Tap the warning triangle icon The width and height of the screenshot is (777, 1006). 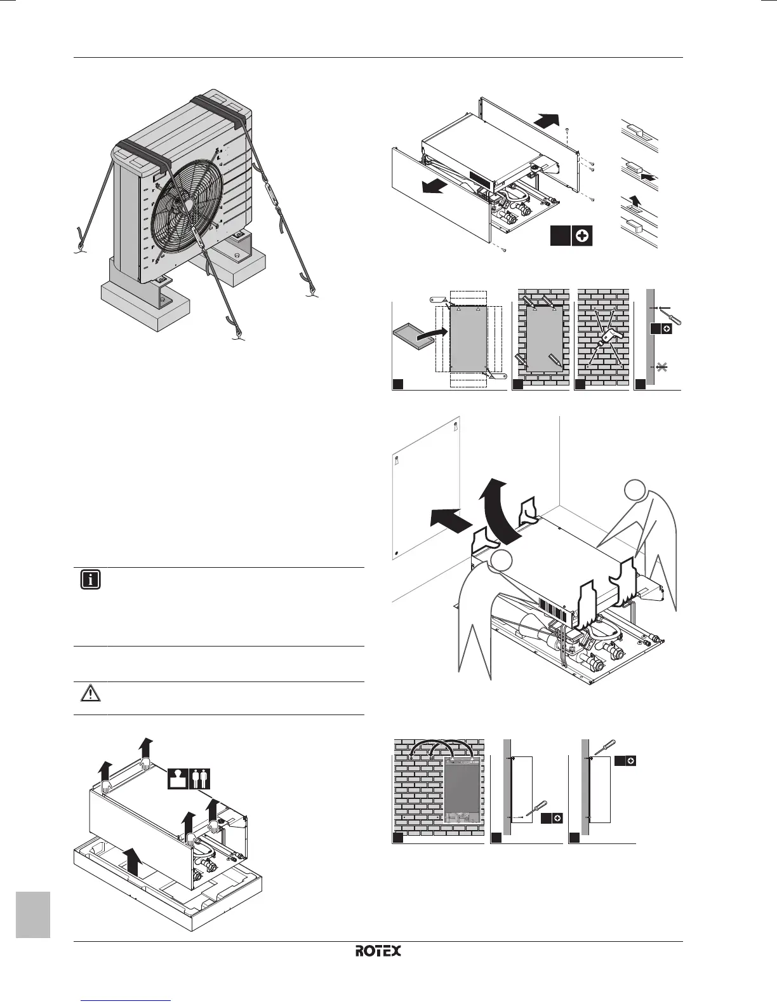click(91, 693)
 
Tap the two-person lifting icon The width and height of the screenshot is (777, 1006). click(200, 779)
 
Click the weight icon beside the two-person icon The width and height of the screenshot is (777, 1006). click(178, 779)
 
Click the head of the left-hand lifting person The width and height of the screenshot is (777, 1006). click(500, 561)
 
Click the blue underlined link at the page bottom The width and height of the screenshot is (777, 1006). click(127, 1002)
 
